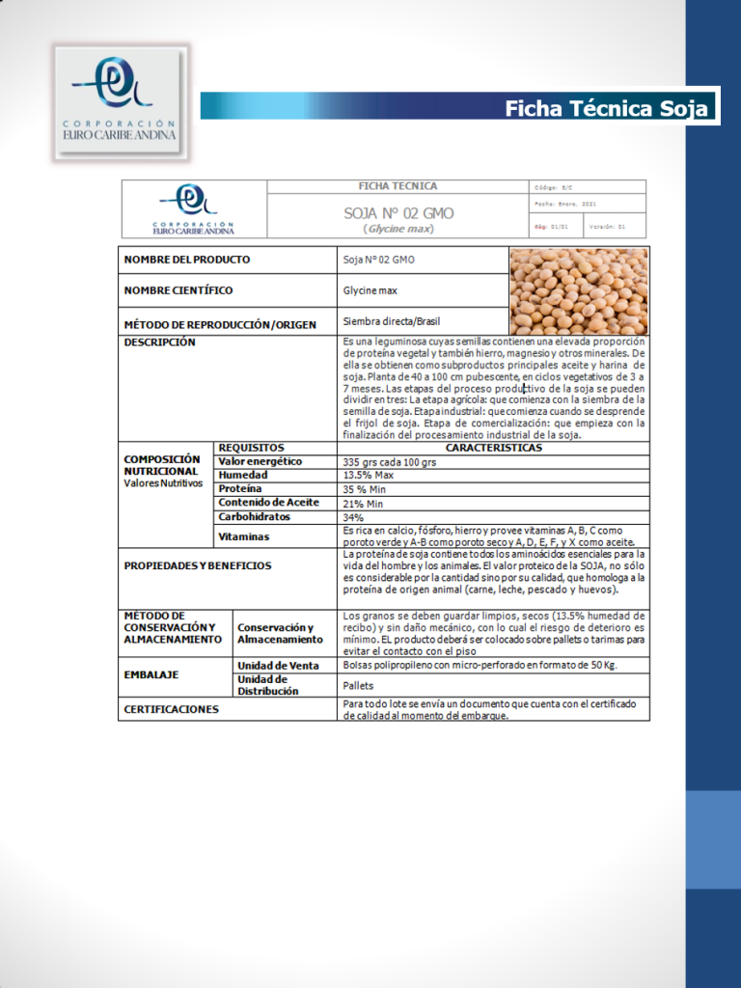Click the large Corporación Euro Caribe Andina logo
121,101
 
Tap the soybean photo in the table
578,290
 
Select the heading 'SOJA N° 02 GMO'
398,213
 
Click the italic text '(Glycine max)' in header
398,229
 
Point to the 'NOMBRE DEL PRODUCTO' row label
187,260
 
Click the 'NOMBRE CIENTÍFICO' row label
178,290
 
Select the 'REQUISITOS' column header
252,448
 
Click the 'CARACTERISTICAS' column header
493,448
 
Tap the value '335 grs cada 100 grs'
390,462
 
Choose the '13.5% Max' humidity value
369,476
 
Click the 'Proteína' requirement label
240,489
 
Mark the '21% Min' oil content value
364,504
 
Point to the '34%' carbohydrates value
353,517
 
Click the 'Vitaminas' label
244,536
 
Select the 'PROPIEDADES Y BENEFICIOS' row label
198,565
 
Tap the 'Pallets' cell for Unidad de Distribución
360,685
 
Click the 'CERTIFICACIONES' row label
172,709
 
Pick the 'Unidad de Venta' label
278,666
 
